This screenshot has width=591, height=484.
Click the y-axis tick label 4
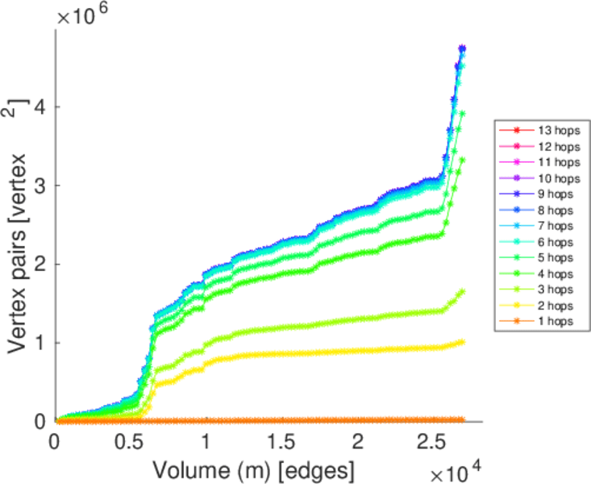pos(38,107)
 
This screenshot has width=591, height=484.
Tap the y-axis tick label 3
pos(38,186)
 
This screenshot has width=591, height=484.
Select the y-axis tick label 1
pos(38,343)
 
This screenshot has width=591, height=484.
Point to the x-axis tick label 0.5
pos(130,443)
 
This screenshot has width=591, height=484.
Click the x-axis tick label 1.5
pos(281,443)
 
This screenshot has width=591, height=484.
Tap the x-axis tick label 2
pos(357,443)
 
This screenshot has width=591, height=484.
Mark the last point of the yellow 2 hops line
pos(461,342)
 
